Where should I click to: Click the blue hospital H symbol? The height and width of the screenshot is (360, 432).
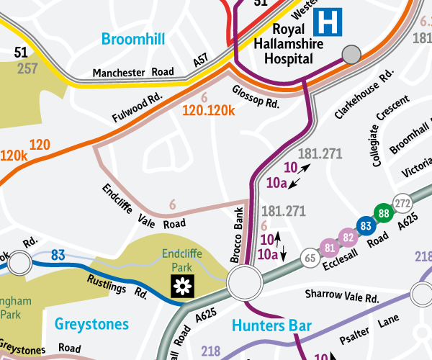click(x=333, y=21)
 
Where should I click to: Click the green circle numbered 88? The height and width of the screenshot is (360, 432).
click(x=384, y=213)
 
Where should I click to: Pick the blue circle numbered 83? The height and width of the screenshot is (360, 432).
click(x=366, y=225)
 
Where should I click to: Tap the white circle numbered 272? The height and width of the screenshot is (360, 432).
click(x=401, y=202)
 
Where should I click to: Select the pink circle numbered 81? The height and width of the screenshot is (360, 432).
click(x=330, y=248)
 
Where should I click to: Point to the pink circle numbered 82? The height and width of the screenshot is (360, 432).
click(x=348, y=237)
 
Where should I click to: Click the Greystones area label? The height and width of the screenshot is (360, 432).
click(x=91, y=324)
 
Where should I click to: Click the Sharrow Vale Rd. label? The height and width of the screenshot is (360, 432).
click(x=342, y=296)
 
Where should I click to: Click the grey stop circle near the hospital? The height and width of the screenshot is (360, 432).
click(x=351, y=54)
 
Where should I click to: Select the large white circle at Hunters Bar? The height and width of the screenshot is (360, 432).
click(x=243, y=283)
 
